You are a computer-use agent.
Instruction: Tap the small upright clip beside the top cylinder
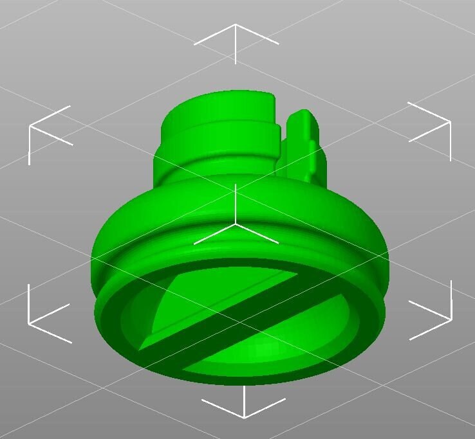click(303, 145)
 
